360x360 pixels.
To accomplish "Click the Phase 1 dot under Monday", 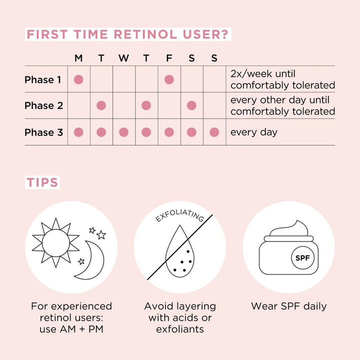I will [78, 79].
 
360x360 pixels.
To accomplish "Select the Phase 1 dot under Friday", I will [169, 79].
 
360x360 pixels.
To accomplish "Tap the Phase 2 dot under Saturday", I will [191, 105].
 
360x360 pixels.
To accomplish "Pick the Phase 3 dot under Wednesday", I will [123, 132].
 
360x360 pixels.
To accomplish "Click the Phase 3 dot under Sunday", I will [214, 132].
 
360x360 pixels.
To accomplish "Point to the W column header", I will [123, 58].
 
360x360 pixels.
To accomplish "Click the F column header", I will [169, 58].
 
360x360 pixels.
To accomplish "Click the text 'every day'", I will [253, 132].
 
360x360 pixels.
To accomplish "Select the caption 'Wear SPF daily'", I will [288, 306].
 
